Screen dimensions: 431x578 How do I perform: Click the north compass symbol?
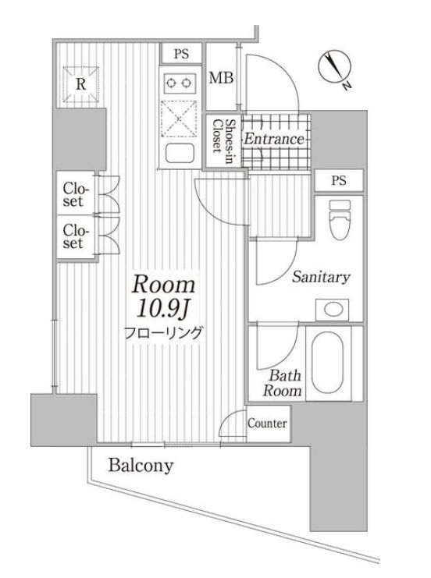(x=335, y=68)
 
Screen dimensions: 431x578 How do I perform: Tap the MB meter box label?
(x=221, y=78)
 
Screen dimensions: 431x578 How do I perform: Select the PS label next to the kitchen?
(x=181, y=54)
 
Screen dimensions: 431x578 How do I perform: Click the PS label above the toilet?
(x=339, y=180)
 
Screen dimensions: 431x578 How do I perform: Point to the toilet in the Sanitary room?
(x=340, y=220)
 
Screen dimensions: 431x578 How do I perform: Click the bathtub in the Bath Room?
(x=327, y=363)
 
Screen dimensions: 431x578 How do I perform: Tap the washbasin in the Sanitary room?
(x=333, y=310)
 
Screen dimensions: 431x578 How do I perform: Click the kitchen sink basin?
(x=180, y=153)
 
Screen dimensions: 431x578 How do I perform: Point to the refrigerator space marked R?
(x=81, y=84)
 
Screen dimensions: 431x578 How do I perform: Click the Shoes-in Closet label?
(x=223, y=136)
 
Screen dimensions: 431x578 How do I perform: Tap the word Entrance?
(x=274, y=139)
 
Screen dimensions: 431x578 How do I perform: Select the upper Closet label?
(x=76, y=195)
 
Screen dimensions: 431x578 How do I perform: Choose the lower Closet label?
(x=76, y=236)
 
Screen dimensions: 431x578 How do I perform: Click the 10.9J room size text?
(x=162, y=308)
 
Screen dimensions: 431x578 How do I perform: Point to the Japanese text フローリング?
(x=162, y=332)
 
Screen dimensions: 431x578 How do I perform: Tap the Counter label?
(x=267, y=424)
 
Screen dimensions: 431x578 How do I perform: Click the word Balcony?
(x=141, y=466)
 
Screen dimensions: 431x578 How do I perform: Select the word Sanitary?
(x=321, y=277)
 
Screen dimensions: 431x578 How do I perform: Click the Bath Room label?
(x=283, y=383)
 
